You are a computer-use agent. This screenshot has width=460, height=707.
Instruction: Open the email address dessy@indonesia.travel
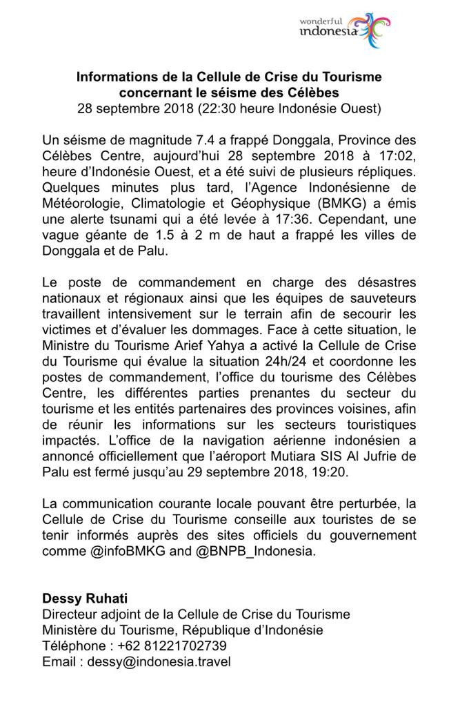tap(153, 661)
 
